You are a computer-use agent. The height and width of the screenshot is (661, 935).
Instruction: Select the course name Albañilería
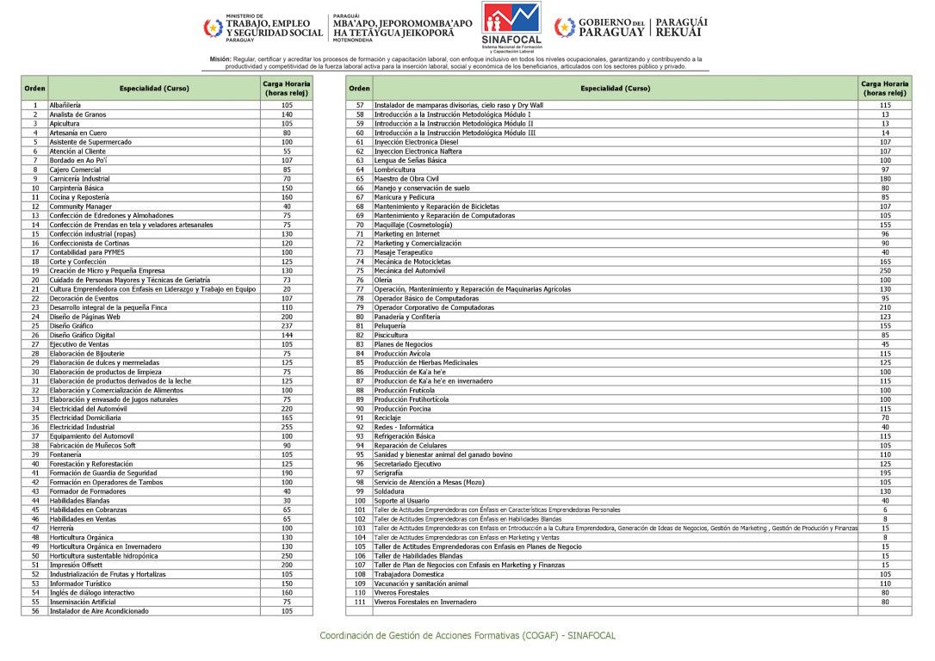click(65, 105)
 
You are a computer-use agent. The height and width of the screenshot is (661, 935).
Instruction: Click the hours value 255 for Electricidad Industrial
click(286, 427)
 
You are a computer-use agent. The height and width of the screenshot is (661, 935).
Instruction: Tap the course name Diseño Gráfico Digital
click(82, 335)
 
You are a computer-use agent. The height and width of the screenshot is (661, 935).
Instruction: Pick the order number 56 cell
click(35, 611)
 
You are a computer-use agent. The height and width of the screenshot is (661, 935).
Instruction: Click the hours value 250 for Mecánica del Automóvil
click(885, 270)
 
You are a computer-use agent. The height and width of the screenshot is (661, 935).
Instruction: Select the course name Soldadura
click(389, 491)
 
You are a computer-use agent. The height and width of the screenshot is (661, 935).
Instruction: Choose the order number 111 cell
click(360, 602)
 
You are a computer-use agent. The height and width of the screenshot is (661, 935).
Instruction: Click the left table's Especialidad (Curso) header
click(153, 88)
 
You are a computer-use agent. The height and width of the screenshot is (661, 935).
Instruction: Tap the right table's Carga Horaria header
click(885, 88)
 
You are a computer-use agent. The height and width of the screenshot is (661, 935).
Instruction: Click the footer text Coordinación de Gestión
click(467, 635)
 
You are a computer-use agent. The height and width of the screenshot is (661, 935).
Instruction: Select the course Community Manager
click(80, 207)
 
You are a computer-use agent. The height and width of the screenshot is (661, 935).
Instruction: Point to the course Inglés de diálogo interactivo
click(91, 592)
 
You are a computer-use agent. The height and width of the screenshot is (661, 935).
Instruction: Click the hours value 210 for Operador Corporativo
click(885, 307)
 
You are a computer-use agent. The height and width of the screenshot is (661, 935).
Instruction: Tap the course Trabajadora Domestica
click(409, 574)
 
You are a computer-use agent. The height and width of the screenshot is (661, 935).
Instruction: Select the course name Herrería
click(62, 528)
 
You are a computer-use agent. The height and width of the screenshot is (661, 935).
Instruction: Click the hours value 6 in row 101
click(885, 510)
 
